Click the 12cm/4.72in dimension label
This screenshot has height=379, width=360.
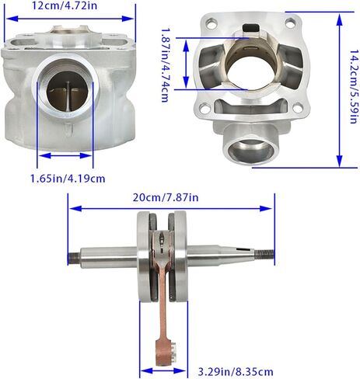[65, 5]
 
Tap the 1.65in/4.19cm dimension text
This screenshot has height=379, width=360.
[68, 179]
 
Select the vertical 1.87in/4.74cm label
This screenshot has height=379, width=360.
[165, 65]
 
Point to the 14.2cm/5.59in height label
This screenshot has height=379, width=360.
[354, 86]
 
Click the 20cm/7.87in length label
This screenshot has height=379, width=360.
[166, 197]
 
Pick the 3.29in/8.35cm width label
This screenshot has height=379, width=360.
[236, 372]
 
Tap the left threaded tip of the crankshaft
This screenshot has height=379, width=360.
[74, 259]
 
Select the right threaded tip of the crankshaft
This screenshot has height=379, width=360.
[264, 255]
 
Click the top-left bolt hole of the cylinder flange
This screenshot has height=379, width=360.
[211, 23]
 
